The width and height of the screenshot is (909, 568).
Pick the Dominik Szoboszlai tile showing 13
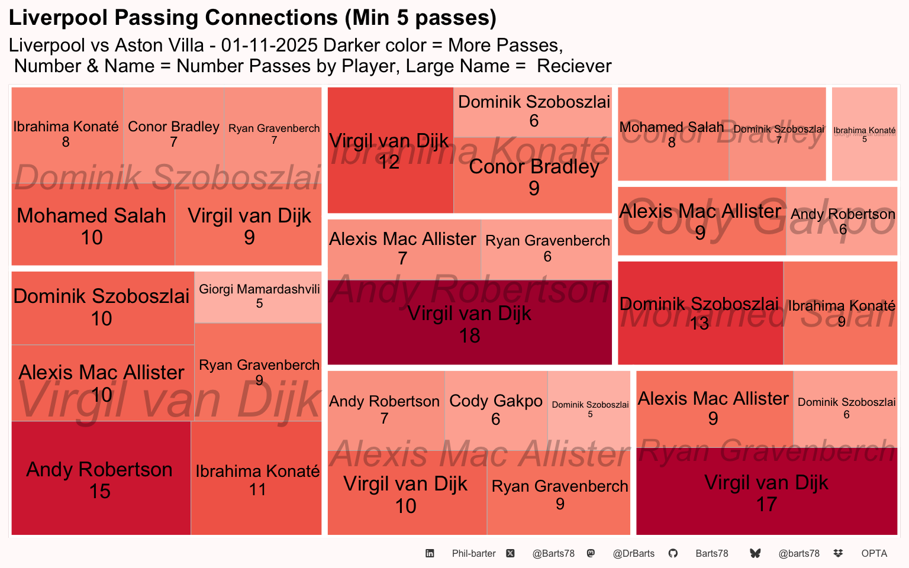click(x=700, y=313)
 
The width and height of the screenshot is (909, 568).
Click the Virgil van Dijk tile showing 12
click(x=390, y=150)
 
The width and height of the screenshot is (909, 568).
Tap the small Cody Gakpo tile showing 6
click(x=496, y=409)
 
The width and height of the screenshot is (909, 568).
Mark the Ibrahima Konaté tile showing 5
click(x=864, y=134)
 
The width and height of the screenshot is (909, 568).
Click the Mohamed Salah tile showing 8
click(x=672, y=134)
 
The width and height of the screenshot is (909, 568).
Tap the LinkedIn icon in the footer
click(x=430, y=553)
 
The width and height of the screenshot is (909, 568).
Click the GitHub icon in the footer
click(x=673, y=553)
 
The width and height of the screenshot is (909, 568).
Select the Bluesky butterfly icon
click(x=755, y=553)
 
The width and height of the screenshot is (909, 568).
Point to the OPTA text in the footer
click(x=874, y=554)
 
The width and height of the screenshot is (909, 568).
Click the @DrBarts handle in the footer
click(x=633, y=554)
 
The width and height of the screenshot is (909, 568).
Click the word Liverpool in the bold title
click(x=59, y=18)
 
